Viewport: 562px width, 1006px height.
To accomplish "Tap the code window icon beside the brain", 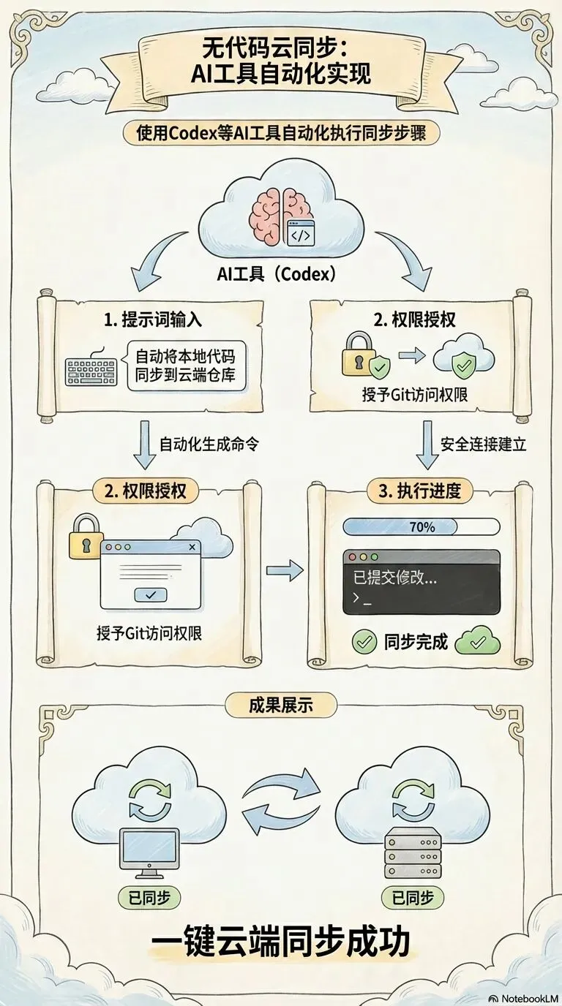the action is pos(301,233).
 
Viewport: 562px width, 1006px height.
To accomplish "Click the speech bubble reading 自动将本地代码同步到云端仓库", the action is pos(187,367).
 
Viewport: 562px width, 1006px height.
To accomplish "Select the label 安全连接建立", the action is pos(483,444).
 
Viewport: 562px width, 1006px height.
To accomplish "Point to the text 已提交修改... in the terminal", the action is pos(394,577).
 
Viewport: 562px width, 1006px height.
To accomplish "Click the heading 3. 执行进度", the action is pos(420,491).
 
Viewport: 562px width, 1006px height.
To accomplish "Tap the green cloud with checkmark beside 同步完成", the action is pos(477,642).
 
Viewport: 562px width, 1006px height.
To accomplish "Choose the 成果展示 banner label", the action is pos(281,705).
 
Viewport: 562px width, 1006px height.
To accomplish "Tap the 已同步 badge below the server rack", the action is pos(412,897).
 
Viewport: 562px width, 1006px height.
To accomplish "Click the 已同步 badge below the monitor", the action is pos(149,897).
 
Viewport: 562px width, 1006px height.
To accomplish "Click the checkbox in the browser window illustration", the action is pos(151,595).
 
